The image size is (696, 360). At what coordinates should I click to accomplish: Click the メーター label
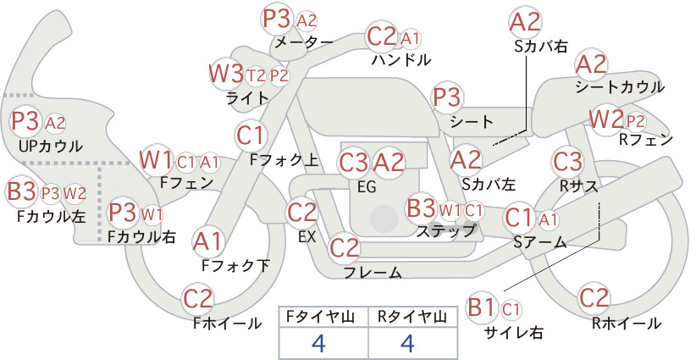click(x=304, y=42)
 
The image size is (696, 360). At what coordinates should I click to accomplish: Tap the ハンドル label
click(x=401, y=59)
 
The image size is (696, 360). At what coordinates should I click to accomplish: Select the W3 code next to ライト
click(x=227, y=74)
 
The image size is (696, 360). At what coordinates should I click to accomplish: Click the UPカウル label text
click(x=51, y=146)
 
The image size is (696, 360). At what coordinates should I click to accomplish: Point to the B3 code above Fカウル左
click(x=21, y=191)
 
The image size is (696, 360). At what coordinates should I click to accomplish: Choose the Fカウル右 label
click(x=142, y=236)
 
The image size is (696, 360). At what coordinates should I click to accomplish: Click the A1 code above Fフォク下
click(x=207, y=241)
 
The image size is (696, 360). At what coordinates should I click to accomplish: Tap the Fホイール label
click(x=227, y=324)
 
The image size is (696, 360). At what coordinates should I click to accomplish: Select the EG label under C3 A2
click(x=367, y=187)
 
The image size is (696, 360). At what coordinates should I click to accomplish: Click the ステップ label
click(x=446, y=230)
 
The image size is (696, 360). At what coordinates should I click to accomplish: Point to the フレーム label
click(x=373, y=272)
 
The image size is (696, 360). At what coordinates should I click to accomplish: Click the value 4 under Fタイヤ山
click(x=318, y=343)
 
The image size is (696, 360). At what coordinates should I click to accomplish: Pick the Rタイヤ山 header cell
click(x=412, y=318)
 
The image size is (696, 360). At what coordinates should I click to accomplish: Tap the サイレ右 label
click(x=514, y=332)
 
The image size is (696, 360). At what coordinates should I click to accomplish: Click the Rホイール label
click(x=627, y=324)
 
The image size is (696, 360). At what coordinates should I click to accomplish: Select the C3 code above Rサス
click(x=567, y=162)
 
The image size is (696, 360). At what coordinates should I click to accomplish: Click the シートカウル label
click(x=620, y=87)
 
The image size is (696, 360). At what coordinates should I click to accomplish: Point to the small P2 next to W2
click(x=635, y=121)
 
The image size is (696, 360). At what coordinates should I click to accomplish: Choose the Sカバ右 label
click(x=541, y=47)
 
